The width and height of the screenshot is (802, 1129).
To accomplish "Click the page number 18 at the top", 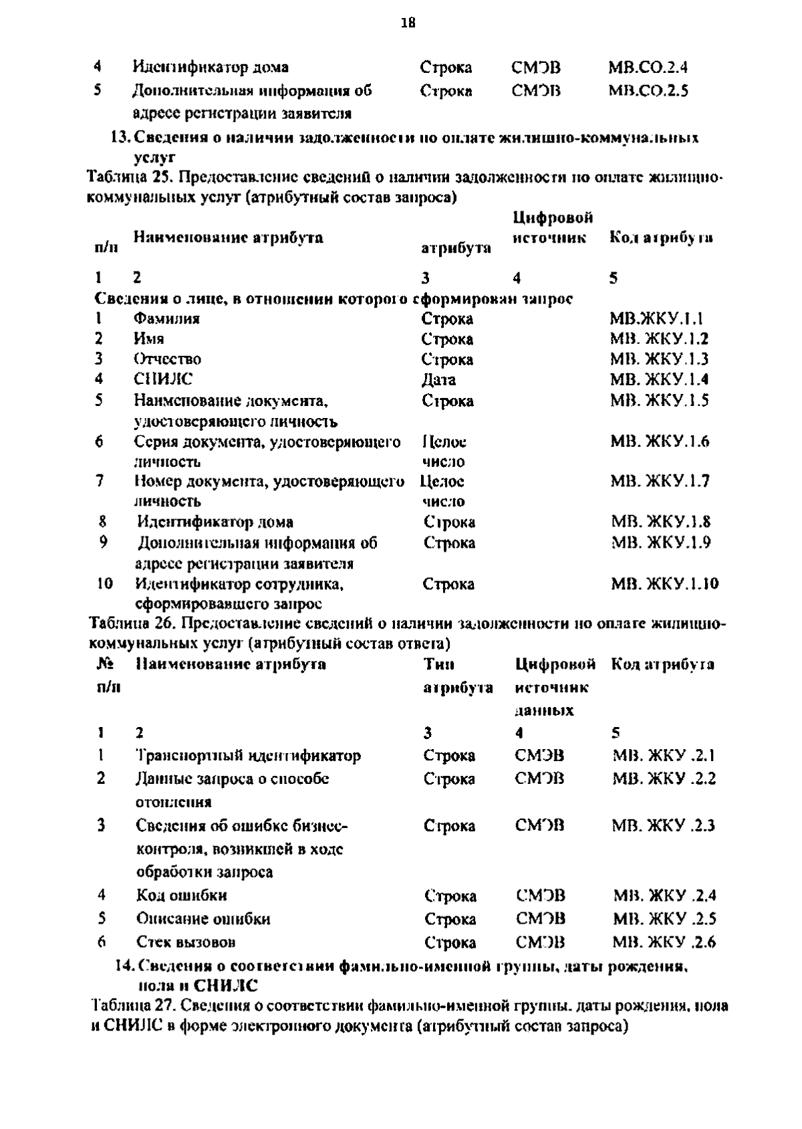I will coord(408,23).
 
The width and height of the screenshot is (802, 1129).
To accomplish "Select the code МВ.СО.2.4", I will coord(648,68).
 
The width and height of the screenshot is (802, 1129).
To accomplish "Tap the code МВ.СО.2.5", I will coord(648,90).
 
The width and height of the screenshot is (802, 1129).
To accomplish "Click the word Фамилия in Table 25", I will coord(166,318).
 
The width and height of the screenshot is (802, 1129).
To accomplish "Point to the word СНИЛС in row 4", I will coord(163,379).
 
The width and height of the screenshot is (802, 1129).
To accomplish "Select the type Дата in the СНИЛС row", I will coord(438,380).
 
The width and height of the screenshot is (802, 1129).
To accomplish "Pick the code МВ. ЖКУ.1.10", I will coord(664,583).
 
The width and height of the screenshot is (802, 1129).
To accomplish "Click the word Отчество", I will coord(168,359).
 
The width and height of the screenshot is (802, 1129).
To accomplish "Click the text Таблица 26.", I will coord(131,624).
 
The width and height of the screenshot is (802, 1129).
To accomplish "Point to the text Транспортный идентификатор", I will coord(248,756).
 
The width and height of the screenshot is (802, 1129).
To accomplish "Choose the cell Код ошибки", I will coord(181,895).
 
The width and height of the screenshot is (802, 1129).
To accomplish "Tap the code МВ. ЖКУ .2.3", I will coord(664,825).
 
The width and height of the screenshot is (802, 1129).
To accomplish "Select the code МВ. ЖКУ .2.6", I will coord(664,942).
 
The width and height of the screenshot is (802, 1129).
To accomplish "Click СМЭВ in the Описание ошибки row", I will coord(540,918).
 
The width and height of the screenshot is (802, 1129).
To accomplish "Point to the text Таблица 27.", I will coord(131,1006).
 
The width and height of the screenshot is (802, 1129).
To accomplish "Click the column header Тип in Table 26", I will coord(438,665).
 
